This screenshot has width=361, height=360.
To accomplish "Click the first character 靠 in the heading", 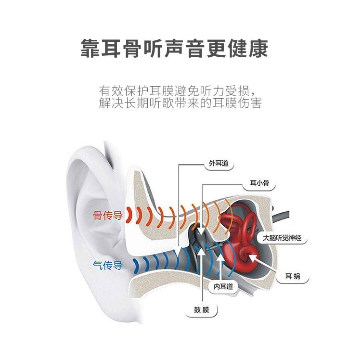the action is click(91, 49).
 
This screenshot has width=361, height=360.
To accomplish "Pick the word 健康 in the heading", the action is click(251, 49).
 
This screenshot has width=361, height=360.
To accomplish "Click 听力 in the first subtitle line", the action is click(215, 90).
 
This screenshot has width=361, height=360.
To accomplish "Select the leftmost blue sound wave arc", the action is click(138, 264).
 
